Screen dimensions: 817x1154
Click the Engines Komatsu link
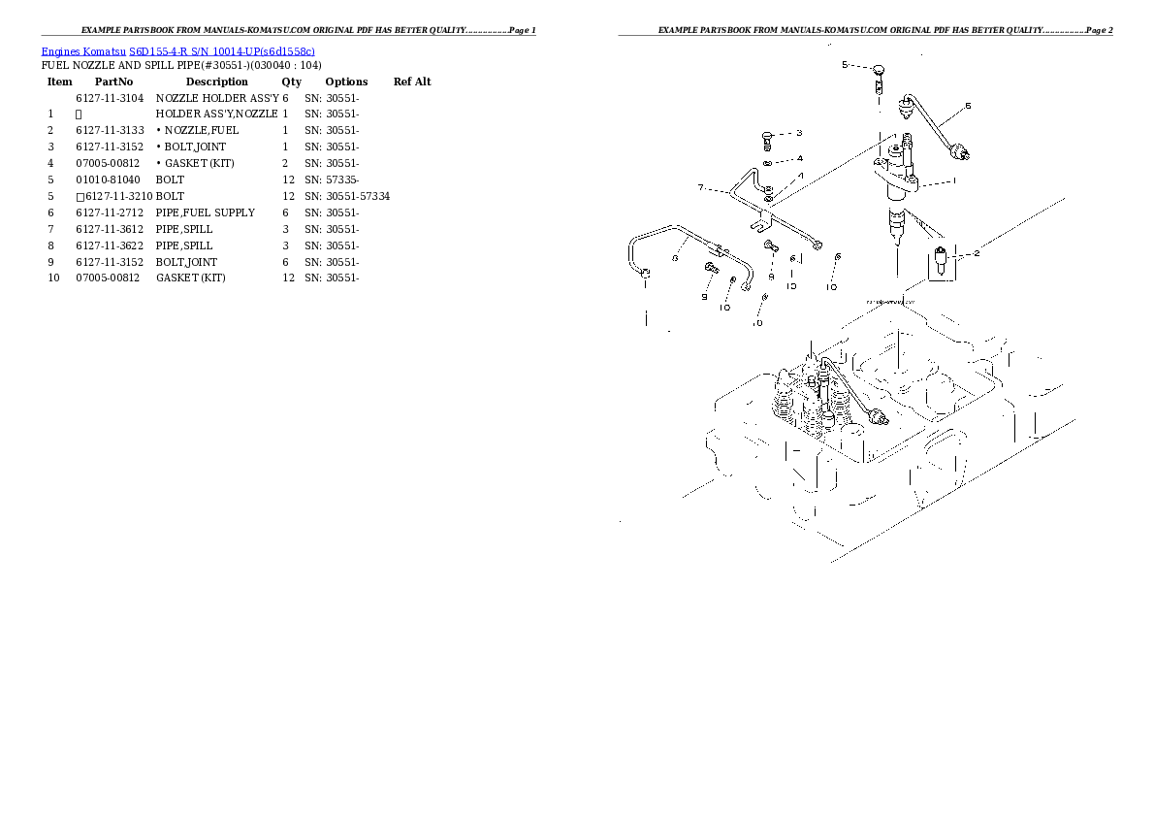[84, 50]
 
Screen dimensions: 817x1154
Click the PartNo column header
[113, 82]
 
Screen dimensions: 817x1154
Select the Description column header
[216, 82]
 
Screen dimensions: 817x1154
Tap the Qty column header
[292, 82]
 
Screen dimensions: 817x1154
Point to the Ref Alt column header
[412, 82]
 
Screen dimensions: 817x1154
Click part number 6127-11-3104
[110, 98]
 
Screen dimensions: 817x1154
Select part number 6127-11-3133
[110, 130]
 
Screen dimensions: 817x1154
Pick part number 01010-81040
[108, 180]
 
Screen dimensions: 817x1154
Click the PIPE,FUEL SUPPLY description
[206, 212]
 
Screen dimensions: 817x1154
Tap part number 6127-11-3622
[110, 245]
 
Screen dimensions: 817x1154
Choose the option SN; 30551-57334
[347, 196]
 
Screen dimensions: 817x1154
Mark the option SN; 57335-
[332, 180]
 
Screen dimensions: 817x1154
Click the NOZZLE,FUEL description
[200, 130]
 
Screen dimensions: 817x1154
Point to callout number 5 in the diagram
[845, 64]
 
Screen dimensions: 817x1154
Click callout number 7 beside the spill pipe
[700, 187]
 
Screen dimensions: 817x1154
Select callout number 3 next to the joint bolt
[798, 133]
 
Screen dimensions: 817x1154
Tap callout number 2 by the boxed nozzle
[977, 253]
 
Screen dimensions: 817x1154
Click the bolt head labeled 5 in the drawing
[878, 70]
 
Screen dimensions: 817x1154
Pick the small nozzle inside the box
[941, 261]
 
